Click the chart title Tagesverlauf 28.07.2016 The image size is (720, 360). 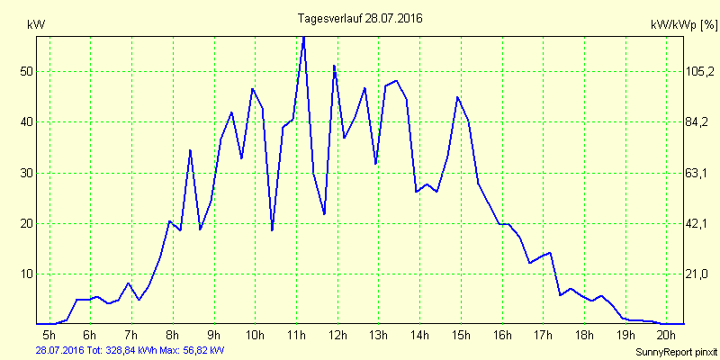tap(360, 18)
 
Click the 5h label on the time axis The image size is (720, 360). tap(49, 336)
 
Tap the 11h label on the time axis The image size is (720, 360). tap(297, 336)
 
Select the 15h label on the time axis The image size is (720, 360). tap(461, 336)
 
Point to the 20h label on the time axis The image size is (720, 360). tap(666, 336)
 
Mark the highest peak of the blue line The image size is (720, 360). tap(303, 37)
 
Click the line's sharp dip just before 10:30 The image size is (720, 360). tap(272, 230)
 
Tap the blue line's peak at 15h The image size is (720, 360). tap(457, 97)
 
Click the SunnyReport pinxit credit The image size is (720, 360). tap(676, 350)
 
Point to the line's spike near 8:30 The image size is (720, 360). tap(190, 150)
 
